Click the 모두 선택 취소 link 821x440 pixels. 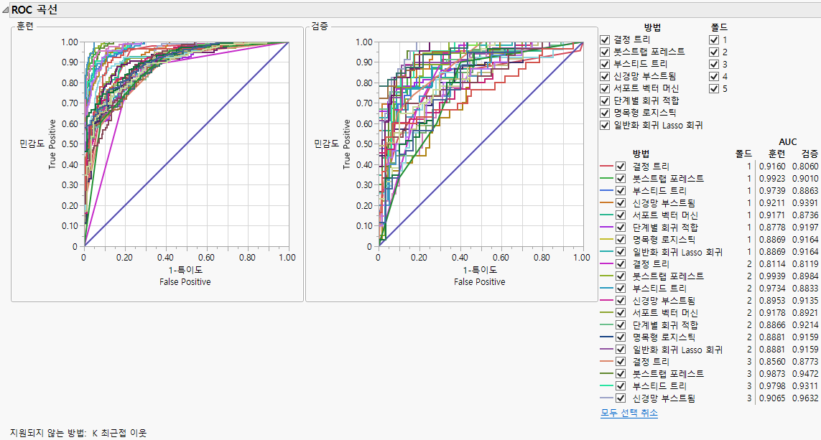628,413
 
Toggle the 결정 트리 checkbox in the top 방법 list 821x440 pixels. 605,39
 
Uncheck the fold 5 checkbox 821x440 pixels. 713,88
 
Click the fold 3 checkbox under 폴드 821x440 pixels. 713,64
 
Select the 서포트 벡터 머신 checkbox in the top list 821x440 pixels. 605,88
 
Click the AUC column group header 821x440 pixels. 787,142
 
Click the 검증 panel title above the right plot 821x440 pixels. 320,27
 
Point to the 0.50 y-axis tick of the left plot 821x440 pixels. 70,144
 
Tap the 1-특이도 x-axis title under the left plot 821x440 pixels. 185,270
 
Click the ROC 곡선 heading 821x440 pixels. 35,10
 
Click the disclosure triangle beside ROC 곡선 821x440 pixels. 6,10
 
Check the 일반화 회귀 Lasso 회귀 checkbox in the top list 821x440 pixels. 605,125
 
